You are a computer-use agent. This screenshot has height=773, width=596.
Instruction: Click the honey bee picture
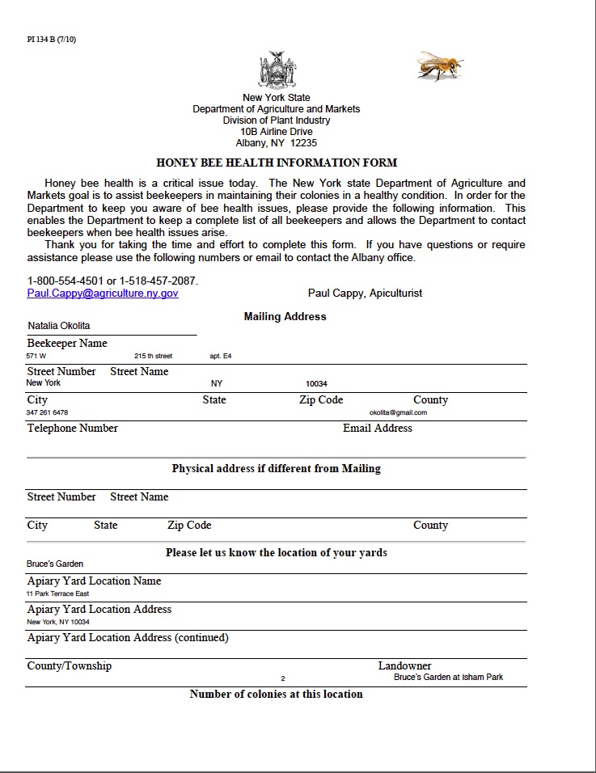(441, 66)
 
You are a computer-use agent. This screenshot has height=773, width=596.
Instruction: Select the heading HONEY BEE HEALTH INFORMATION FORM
(277, 163)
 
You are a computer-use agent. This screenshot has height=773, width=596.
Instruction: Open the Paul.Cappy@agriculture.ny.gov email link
(103, 294)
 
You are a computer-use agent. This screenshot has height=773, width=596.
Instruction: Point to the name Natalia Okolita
(59, 326)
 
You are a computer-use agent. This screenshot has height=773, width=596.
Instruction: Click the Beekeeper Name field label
(67, 344)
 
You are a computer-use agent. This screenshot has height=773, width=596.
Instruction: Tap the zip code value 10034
(316, 383)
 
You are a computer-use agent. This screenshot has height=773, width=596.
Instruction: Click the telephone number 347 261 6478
(48, 412)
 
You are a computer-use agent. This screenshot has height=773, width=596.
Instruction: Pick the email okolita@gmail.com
(398, 412)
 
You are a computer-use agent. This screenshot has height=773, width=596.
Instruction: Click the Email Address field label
(378, 428)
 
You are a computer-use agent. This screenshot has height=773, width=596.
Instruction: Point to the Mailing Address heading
(285, 316)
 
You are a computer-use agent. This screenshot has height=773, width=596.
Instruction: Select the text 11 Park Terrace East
(58, 593)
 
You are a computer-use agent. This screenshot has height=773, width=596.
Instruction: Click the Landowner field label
(404, 665)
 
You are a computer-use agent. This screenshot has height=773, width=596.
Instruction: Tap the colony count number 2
(283, 678)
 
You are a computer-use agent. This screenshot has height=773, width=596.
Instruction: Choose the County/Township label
(70, 665)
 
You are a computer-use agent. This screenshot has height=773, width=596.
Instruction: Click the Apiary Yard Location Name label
(94, 581)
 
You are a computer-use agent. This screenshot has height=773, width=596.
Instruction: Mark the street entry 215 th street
(154, 356)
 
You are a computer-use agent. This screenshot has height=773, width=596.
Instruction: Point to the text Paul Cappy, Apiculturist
(365, 293)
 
